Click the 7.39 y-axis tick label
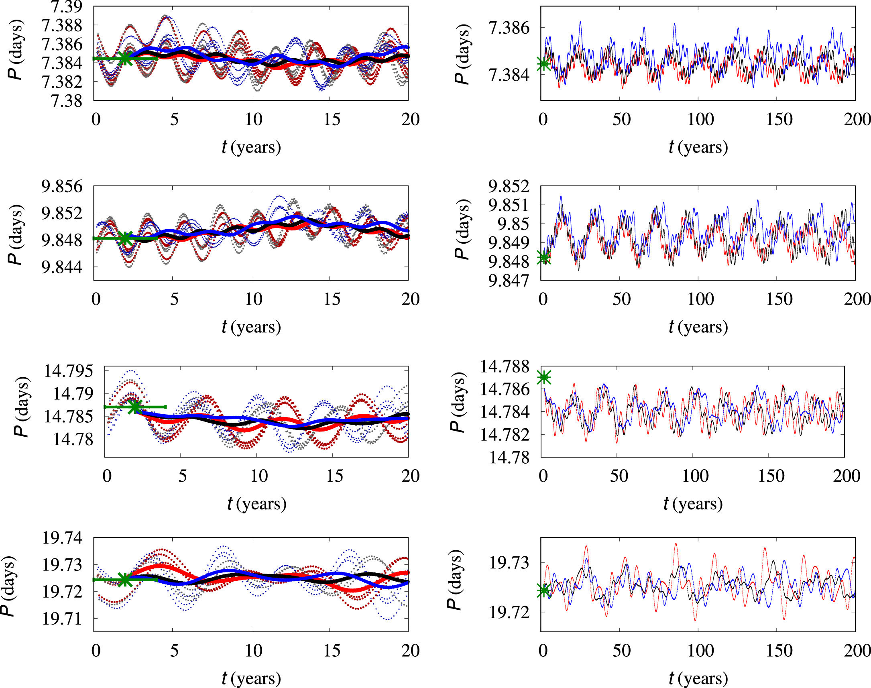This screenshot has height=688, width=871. coord(66,6)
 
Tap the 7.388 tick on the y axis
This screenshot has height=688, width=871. coord(62,25)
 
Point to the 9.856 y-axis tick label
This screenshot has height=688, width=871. coord(62,187)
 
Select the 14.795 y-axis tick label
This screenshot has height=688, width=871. coord(68,370)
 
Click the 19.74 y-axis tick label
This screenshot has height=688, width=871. coord(63,538)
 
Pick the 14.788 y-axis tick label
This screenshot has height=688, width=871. coord(505,366)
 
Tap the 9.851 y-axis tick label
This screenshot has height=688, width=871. coord(509,205)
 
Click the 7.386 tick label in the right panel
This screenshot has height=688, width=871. coord(509,28)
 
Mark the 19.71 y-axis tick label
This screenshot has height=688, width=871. coord(63,619)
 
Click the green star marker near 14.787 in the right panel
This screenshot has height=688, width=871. coord(544,377)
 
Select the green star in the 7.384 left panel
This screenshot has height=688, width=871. coord(125,59)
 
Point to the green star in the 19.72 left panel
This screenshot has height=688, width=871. coord(125,580)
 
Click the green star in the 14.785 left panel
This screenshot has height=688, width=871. coord(135,407)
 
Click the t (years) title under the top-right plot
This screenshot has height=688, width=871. coord(698,147)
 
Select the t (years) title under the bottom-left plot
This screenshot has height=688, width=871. coord(251,678)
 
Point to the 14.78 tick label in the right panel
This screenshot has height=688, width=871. coord(509,457)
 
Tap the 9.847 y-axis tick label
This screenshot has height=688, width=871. coord(509,281)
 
